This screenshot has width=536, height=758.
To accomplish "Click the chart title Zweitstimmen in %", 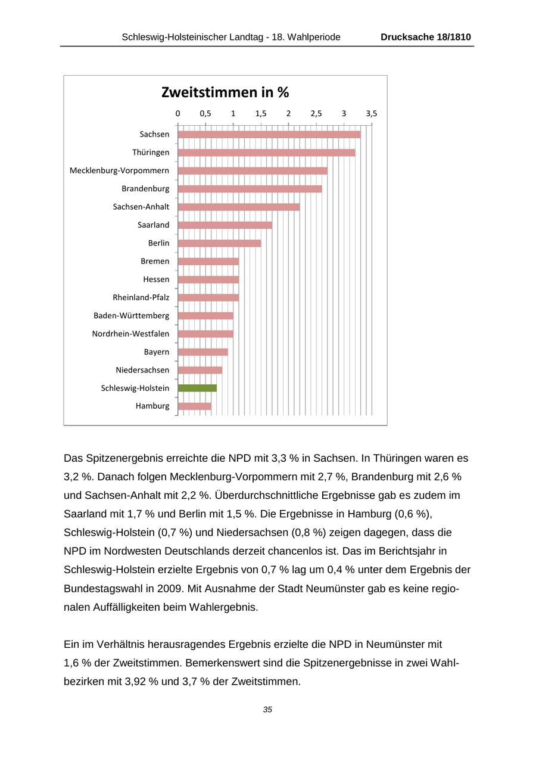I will (225, 92).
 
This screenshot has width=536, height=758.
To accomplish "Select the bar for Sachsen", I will (269, 135).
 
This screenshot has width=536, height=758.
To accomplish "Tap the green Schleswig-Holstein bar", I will (197, 388).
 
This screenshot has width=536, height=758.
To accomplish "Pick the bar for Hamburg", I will (194, 406).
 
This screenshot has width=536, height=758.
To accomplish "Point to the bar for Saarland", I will (225, 225).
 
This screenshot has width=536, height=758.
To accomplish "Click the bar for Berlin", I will (219, 243).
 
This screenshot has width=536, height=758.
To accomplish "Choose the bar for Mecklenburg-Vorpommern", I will (253, 171).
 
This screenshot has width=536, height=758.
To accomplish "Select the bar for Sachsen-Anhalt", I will (238, 207).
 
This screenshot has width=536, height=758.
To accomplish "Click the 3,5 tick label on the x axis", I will (372, 113).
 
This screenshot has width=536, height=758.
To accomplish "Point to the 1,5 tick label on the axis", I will (261, 113).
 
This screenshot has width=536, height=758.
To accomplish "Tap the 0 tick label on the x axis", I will (177, 113).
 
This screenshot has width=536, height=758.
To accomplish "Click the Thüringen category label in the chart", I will (151, 153).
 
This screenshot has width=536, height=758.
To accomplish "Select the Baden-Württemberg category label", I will (131, 316).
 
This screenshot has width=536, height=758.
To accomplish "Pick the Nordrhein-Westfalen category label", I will (130, 334).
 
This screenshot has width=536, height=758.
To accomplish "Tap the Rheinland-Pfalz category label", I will (141, 297).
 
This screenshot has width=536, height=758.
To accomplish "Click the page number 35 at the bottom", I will (267, 710).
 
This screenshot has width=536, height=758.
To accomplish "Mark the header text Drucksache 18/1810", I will (426, 37).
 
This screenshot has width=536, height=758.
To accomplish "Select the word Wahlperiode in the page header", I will (314, 37).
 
